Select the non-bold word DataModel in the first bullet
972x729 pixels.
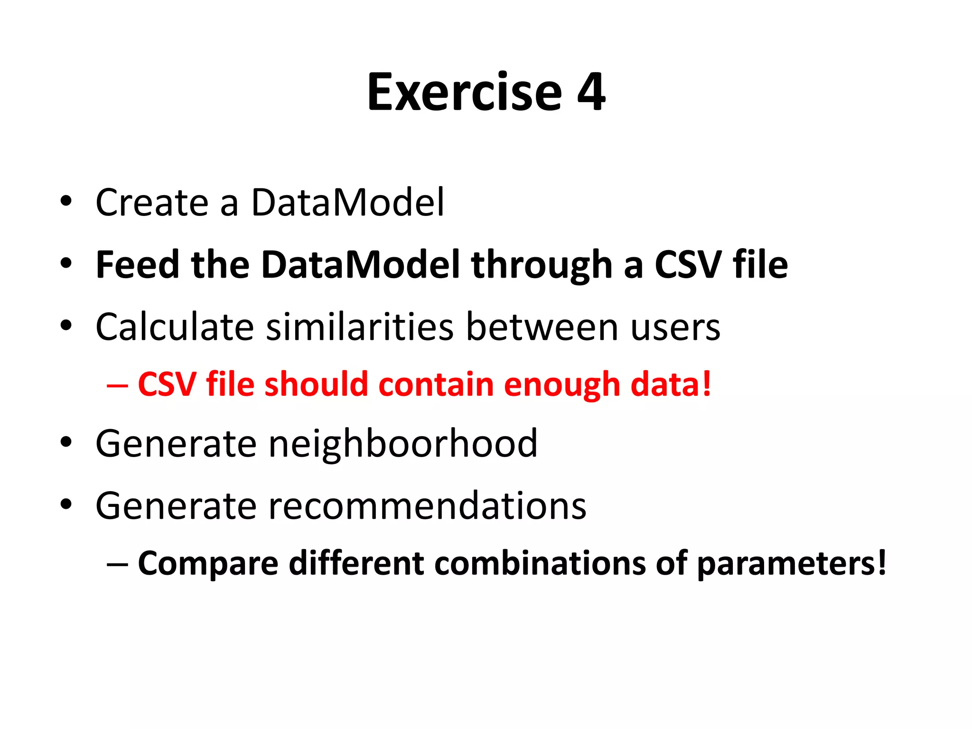(x=347, y=203)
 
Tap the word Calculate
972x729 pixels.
(x=175, y=327)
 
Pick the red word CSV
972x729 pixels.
(x=167, y=384)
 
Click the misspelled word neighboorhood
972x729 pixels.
(x=403, y=444)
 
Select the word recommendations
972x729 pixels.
(x=427, y=506)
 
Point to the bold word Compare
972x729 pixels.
(x=208, y=564)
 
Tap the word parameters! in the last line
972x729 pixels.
(x=791, y=564)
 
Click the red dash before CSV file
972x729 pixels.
(x=117, y=385)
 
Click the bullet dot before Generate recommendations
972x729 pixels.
(x=66, y=504)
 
